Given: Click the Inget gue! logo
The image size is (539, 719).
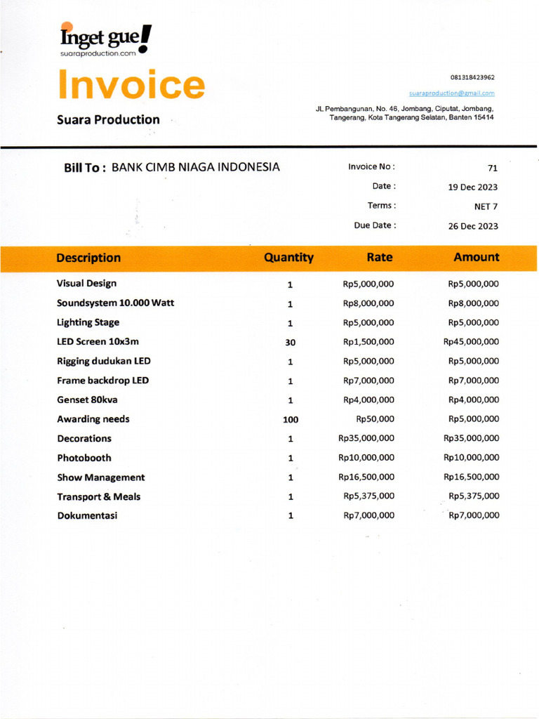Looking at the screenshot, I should click(105, 39).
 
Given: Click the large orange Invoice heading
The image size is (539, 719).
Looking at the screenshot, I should click(131, 84).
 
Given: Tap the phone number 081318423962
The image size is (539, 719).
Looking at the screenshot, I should click(472, 77).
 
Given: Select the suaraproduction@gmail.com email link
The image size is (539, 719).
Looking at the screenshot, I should click(451, 93).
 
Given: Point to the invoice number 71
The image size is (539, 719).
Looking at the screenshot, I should click(492, 168).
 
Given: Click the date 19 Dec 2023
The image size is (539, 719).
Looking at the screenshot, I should click(472, 187).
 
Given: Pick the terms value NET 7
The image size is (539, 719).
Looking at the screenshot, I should click(486, 206).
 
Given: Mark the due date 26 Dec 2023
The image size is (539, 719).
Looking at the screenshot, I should click(472, 226).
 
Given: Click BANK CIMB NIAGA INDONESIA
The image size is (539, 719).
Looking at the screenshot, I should click(196, 167).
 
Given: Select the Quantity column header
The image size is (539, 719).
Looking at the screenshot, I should click(288, 258).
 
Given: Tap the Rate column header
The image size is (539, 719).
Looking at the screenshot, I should click(379, 258).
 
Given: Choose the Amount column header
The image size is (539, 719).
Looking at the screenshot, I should click(477, 258).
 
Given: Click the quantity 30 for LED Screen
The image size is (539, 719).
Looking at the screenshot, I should click(290, 343).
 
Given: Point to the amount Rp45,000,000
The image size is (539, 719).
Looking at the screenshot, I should click(471, 342).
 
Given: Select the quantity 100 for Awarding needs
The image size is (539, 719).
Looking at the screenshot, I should click(290, 420).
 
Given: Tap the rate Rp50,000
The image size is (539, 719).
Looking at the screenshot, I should click(375, 419).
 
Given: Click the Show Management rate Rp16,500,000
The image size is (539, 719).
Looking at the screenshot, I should click(366, 477).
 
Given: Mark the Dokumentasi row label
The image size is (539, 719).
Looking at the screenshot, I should click(87, 515).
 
